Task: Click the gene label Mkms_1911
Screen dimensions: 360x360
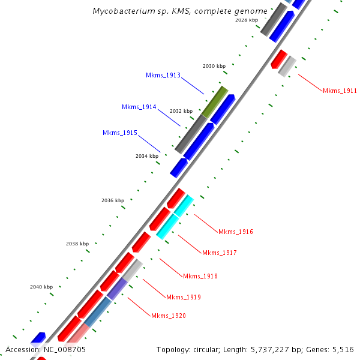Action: click(340, 91)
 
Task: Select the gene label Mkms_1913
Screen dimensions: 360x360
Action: click(163, 76)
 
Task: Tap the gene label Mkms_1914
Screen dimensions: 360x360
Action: click(139, 107)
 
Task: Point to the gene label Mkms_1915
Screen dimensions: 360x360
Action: click(119, 133)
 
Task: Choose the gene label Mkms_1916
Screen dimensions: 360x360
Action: click(236, 232)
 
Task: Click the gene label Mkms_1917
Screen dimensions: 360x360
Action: click(219, 253)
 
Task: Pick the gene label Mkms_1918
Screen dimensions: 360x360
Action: click(200, 276)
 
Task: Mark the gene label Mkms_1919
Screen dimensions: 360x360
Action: click(183, 297)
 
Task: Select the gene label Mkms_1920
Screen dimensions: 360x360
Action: click(168, 316)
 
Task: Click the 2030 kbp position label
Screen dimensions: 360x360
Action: click(214, 66)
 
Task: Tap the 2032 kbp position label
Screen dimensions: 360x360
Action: click(181, 111)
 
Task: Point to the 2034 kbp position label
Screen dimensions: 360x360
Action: click(147, 156)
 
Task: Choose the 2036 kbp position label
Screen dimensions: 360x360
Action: click(113, 200)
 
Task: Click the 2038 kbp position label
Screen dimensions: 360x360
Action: click(77, 244)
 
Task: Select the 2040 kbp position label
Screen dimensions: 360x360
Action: click(41, 287)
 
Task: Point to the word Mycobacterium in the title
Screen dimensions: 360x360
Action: click(123, 11)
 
